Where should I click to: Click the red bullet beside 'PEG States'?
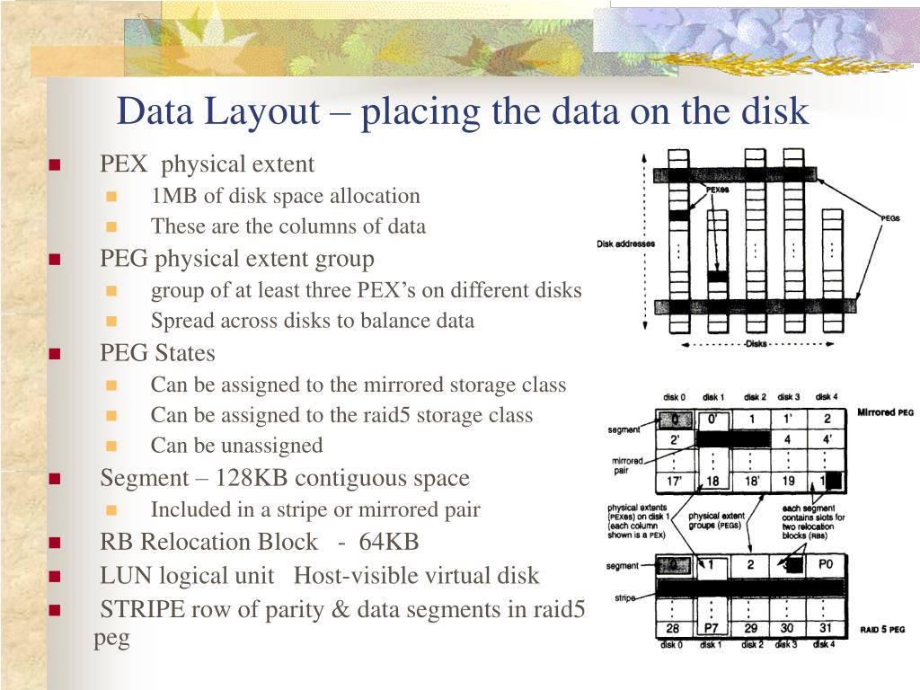pyautogui.click(x=55, y=354)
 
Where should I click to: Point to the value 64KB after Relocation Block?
pyautogui.click(x=389, y=542)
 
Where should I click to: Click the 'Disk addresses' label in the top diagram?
pyautogui.click(x=625, y=244)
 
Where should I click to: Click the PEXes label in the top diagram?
pyautogui.click(x=717, y=190)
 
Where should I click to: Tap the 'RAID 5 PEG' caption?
pyautogui.click(x=883, y=630)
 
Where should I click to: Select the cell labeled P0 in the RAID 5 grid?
pyautogui.click(x=827, y=566)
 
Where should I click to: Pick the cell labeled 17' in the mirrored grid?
pyautogui.click(x=677, y=482)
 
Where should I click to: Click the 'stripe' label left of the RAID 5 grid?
pyautogui.click(x=625, y=597)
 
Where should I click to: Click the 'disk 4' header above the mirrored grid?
pyautogui.click(x=827, y=397)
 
